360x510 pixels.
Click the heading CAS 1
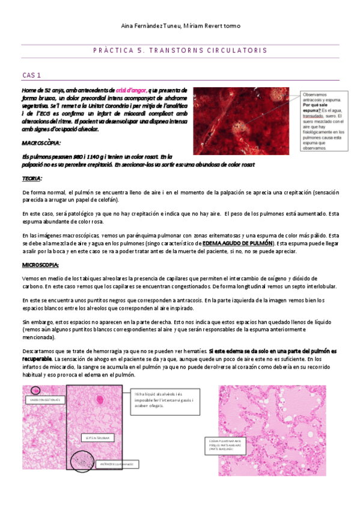pos(31,75)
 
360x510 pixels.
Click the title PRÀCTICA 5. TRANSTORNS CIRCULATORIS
pos(180,51)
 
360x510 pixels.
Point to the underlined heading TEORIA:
pos(32,179)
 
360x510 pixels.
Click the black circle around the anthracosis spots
pos(82,461)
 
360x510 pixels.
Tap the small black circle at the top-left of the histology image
pos(35,392)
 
